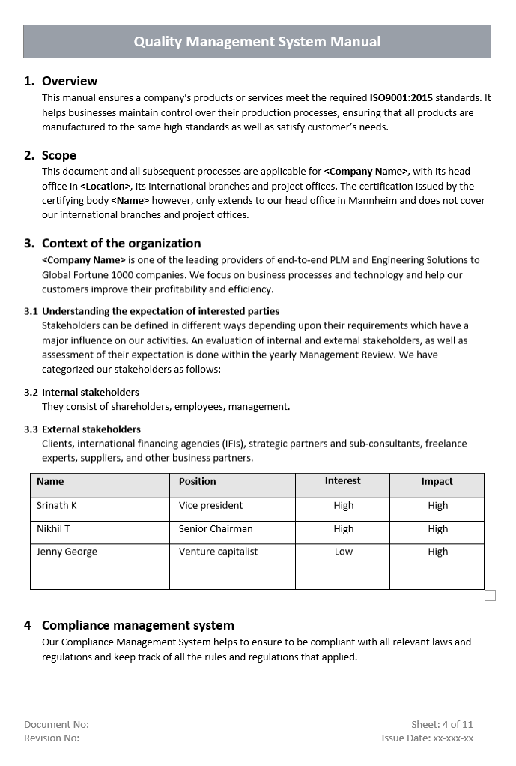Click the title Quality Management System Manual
click(x=257, y=42)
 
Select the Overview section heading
click(x=69, y=81)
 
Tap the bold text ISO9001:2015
click(x=401, y=97)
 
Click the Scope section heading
click(x=58, y=155)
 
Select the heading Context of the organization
click(x=121, y=243)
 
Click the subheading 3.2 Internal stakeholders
click(x=90, y=392)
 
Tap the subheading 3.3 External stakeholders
click(x=91, y=429)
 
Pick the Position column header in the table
click(x=197, y=482)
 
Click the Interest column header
click(x=342, y=481)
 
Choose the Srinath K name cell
click(x=57, y=506)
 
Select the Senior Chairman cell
click(x=216, y=529)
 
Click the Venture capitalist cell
click(x=218, y=552)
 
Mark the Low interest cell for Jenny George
click(x=343, y=552)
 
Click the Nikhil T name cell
click(x=53, y=529)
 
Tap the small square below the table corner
click(x=490, y=595)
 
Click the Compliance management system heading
click(x=138, y=625)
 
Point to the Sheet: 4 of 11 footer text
click(x=442, y=724)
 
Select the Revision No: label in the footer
click(x=52, y=738)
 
